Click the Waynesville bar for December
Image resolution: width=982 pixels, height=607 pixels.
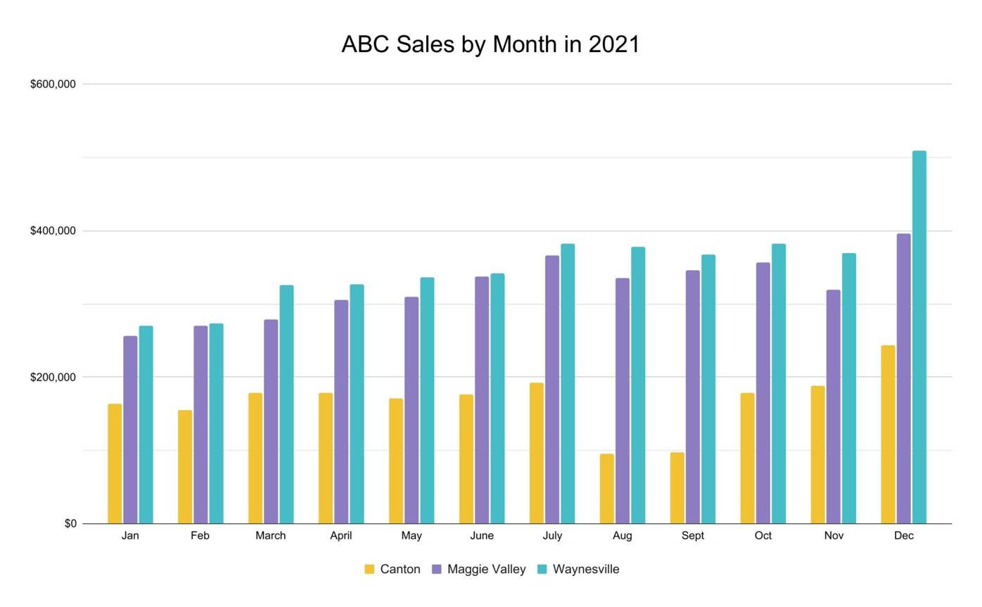click(x=919, y=338)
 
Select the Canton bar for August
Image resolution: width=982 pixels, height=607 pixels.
click(x=606, y=489)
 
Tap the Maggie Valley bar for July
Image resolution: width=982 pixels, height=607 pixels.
click(x=552, y=390)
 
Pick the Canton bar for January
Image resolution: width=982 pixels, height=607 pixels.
click(x=115, y=464)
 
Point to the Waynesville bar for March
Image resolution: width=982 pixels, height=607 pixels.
click(x=286, y=404)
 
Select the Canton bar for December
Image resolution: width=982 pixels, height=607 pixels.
click(x=888, y=435)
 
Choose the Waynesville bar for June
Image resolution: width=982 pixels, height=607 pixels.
click(x=497, y=399)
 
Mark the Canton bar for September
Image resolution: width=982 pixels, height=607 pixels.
click(x=677, y=488)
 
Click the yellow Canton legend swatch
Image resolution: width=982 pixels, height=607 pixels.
click(x=369, y=569)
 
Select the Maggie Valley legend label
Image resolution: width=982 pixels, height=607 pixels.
click(x=486, y=569)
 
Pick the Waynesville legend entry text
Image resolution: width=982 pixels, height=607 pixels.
click(x=586, y=569)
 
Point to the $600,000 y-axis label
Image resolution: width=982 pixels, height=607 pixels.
click(x=53, y=84)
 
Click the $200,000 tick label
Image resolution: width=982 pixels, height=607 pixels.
click(x=53, y=377)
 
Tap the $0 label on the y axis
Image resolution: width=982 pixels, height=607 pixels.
click(x=70, y=523)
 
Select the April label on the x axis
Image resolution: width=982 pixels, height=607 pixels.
click(x=340, y=536)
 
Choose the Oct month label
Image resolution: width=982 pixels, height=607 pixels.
click(x=763, y=536)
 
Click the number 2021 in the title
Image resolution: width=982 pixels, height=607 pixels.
click(x=614, y=44)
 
